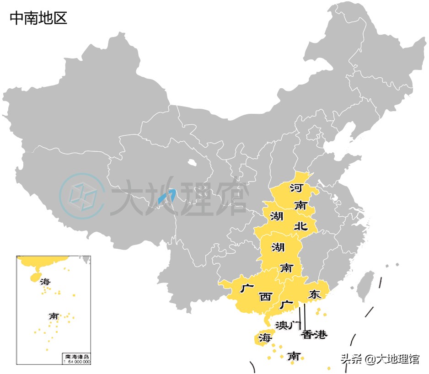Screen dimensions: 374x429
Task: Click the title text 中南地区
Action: pos(38,18)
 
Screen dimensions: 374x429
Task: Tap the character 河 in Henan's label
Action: pos(296,187)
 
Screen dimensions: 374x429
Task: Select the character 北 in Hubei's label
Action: pos(300,225)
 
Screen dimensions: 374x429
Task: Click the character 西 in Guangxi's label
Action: pos(265,297)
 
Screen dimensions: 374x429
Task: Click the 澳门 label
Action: pos(287,325)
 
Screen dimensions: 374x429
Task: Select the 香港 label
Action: pos(314,335)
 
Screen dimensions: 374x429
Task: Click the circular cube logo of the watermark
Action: pos(82,196)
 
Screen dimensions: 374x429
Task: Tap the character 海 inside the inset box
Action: pos(45,282)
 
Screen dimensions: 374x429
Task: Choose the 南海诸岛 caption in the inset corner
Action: pos(75,356)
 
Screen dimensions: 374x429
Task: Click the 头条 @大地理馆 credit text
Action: pos(379,359)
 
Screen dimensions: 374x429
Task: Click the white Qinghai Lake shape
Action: pos(192,161)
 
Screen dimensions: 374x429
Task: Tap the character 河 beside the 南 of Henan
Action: pos(296,187)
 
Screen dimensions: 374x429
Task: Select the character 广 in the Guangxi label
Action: pos(247,289)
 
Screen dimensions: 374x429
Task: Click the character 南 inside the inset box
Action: pos(54,316)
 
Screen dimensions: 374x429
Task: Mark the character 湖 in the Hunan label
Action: pos(278,248)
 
